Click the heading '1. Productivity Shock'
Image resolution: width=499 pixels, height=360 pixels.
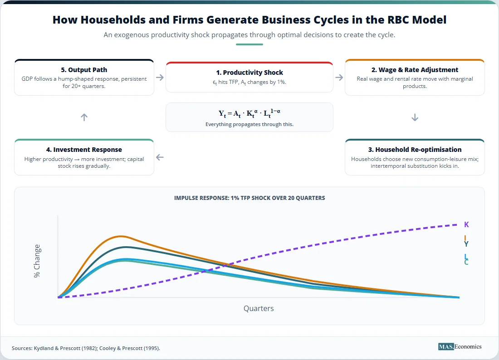click(249, 73)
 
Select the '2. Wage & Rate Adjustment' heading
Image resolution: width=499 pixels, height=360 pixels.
click(415, 70)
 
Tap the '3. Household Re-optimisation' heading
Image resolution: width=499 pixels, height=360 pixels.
click(415, 150)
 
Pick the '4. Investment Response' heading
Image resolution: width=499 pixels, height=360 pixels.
click(84, 150)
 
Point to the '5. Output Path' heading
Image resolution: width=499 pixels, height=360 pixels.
click(84, 70)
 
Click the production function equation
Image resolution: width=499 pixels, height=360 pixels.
click(249, 113)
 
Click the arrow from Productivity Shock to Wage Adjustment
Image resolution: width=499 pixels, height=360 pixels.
click(339, 77)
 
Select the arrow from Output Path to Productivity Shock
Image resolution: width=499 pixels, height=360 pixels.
click(160, 77)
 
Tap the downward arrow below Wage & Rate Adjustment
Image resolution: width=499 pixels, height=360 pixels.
click(415, 117)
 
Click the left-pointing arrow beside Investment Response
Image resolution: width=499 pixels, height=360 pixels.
click(160, 157)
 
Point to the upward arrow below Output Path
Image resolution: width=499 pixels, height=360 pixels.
click(84, 117)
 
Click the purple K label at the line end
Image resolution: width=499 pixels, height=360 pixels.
click(466, 224)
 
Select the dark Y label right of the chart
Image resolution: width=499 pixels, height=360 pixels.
click(466, 244)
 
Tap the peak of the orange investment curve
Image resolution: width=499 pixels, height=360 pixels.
click(121, 236)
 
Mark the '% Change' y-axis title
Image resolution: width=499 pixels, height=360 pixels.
click(37, 261)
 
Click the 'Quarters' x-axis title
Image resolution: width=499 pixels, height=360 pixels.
click(259, 308)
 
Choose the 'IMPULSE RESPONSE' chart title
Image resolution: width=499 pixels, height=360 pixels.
click(249, 198)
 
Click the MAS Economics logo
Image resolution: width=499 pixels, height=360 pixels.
click(460, 347)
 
